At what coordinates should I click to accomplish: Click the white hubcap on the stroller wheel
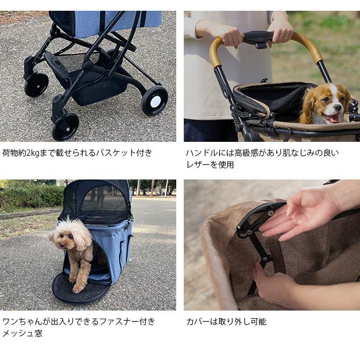pyautogui.click(x=155, y=101)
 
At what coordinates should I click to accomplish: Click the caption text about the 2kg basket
pyautogui.click(x=77, y=153)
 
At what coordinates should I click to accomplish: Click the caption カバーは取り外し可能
pyautogui.click(x=226, y=321)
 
